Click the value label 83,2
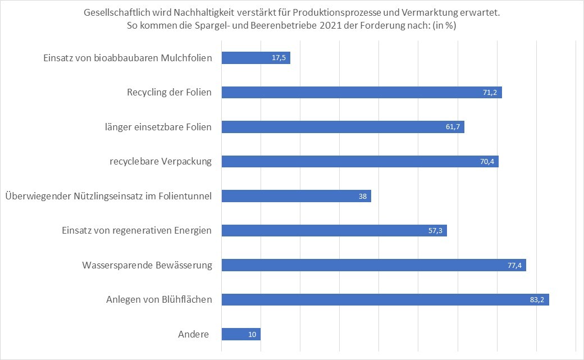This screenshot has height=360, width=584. click(537, 300)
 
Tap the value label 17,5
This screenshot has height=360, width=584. click(279, 58)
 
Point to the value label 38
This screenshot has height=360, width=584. click(363, 196)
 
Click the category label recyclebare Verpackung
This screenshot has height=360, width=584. click(161, 162)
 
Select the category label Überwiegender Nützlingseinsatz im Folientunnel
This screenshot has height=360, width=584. click(108, 196)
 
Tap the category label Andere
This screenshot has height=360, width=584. click(193, 335)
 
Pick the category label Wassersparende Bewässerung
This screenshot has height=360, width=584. click(147, 265)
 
